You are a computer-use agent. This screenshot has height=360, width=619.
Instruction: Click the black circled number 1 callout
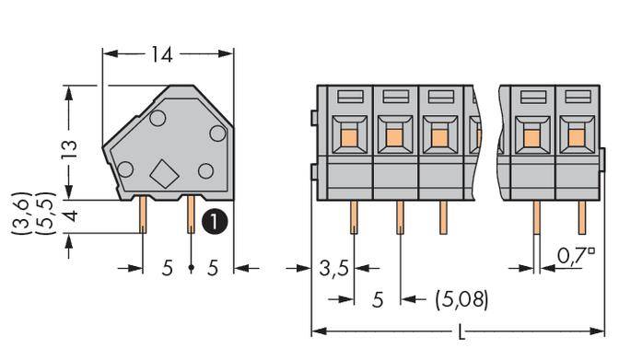213,221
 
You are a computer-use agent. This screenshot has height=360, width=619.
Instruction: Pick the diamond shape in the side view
163,174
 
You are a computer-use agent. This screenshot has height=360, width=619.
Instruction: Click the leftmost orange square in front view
350,138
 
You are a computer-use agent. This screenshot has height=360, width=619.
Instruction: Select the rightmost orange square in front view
578,138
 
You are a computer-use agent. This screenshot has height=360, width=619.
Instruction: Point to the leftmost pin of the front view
354,217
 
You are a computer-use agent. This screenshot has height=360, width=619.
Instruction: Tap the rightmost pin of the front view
582,217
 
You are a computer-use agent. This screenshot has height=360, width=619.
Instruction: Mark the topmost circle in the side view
158,118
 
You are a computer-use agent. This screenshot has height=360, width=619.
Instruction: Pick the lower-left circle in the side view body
125,168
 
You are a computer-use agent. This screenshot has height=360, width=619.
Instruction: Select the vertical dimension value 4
69,217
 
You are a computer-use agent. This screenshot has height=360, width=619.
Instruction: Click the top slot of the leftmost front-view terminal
350,96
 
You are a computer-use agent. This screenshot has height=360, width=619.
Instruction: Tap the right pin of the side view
191,215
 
